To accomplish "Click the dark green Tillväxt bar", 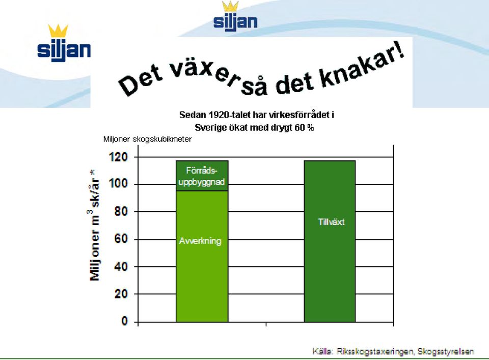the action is [330, 241].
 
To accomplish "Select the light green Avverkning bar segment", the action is [202, 256].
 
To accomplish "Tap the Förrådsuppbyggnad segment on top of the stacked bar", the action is [202, 176].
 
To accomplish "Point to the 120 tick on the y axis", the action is [118, 157].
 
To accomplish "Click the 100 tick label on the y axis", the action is [118, 184].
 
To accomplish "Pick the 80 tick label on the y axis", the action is [121, 211].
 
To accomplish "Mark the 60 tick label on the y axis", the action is [121, 239].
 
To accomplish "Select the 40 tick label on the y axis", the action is [121, 266].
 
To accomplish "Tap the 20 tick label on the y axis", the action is [121, 294].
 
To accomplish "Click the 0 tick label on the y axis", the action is [124, 321].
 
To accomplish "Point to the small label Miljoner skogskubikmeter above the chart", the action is [147, 139].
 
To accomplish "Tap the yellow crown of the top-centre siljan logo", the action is [230, 6].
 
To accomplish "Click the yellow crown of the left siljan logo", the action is [58, 31].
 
